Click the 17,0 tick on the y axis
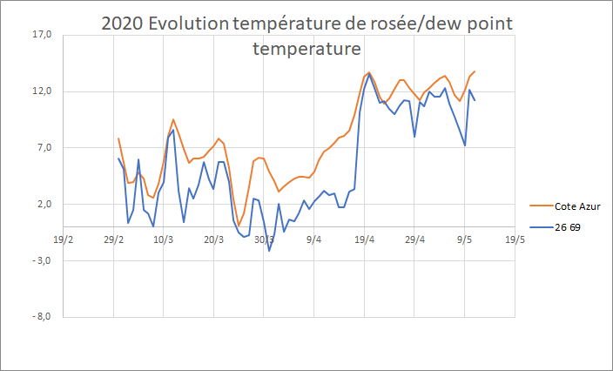pyautogui.click(x=42, y=35)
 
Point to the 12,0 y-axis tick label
pyautogui.click(x=42, y=91)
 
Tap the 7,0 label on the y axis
pyautogui.click(x=44, y=148)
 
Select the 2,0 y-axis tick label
pyautogui.click(x=44, y=205)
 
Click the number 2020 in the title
pyautogui.click(x=122, y=24)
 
